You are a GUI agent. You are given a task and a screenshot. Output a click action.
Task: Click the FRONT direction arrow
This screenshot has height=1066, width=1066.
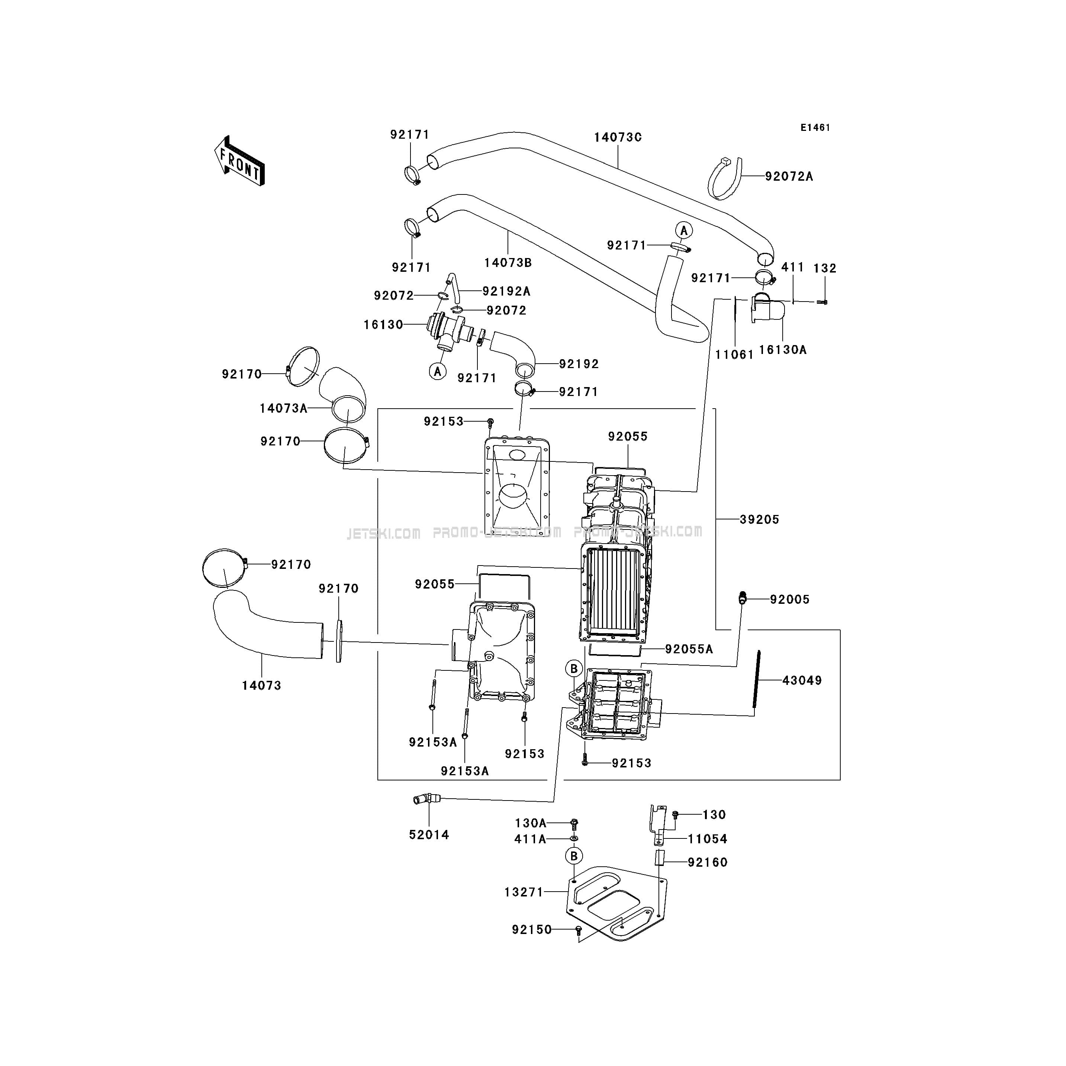[x=239, y=161]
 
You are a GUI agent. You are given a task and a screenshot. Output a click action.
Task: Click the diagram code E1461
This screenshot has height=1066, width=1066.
[x=815, y=128]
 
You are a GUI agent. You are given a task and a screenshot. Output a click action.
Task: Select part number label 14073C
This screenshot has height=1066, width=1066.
[x=618, y=138]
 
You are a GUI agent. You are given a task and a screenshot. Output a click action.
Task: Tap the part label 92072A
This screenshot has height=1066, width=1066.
[x=789, y=177]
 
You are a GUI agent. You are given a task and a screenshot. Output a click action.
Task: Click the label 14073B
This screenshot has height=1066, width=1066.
[x=508, y=263]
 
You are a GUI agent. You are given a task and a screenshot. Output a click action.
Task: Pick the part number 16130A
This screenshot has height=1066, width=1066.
[x=783, y=350]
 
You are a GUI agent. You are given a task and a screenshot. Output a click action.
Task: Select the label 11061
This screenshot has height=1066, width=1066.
[x=734, y=355]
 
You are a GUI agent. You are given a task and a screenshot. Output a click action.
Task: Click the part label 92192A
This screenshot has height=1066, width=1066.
[x=506, y=291]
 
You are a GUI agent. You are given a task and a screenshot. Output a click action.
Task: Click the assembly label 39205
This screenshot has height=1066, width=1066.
[x=760, y=519]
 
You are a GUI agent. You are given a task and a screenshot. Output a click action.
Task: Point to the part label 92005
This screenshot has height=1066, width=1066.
[x=790, y=599]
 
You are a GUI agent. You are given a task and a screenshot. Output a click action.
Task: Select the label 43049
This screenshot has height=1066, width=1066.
[x=802, y=681]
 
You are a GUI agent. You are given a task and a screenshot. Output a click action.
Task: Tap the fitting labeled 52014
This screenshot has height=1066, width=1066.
[x=425, y=799]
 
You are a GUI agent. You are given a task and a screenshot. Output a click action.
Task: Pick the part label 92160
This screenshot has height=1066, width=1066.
[x=708, y=862]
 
